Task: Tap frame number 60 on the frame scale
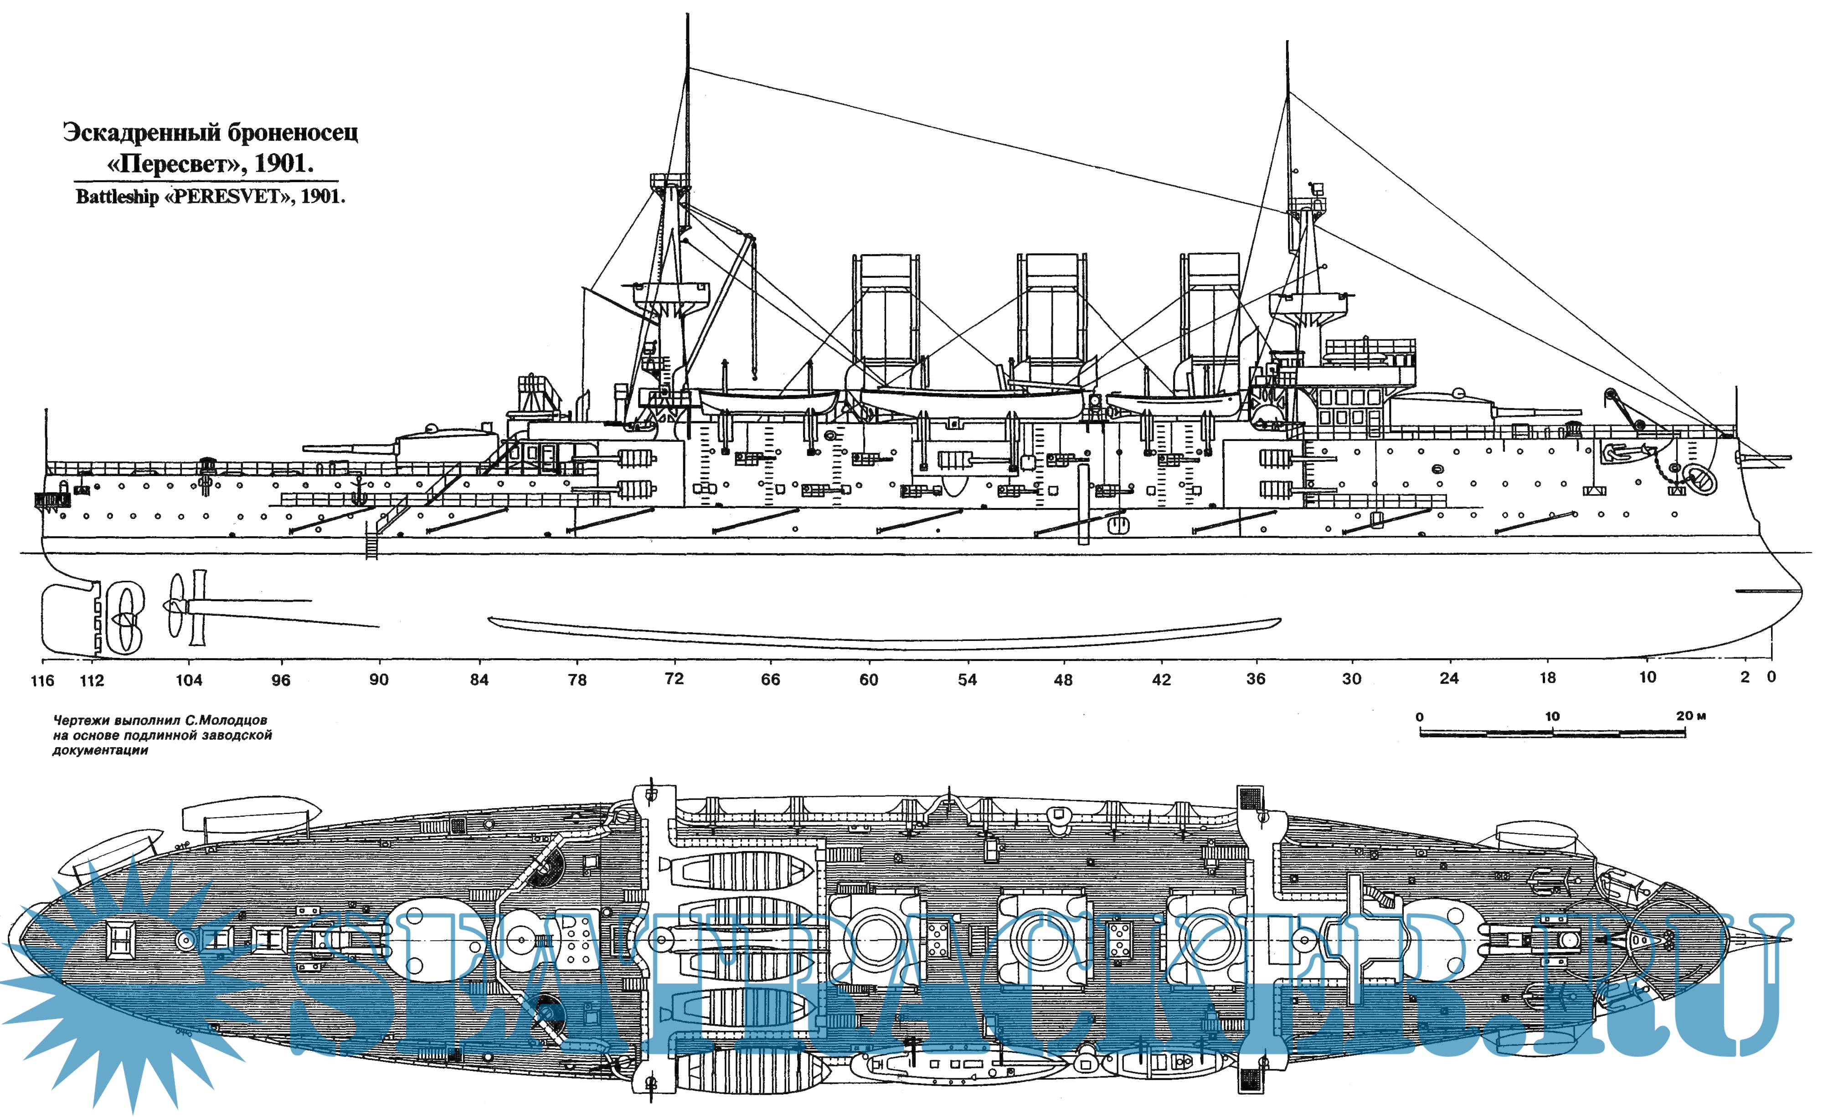869,679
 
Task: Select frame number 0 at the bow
1771,676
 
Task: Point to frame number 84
479,679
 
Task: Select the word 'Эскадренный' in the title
140,133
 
